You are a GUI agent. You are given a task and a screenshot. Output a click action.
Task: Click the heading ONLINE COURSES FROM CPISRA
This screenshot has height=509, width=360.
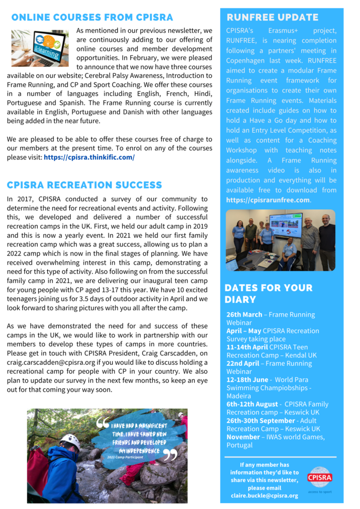coord(92,18)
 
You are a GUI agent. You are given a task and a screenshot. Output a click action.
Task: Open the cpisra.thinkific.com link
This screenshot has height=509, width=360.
coord(89,157)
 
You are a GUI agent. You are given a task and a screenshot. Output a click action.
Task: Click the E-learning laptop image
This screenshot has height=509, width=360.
coord(40,48)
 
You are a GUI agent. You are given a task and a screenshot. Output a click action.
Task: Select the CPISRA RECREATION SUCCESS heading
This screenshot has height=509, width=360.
coord(85,185)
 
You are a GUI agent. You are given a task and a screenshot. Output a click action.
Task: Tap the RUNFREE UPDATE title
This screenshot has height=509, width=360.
coord(272,18)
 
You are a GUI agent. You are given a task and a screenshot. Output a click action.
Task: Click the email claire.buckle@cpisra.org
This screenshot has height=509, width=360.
coord(265,496)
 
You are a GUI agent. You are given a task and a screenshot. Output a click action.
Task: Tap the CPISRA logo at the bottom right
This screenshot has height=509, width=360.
coord(320,478)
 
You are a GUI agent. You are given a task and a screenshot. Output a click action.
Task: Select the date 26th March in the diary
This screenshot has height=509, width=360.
coord(244,315)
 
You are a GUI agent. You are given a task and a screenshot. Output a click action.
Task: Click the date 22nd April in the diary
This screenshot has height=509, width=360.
coord(243,363)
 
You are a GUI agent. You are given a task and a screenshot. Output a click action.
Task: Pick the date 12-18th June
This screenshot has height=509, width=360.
coord(247,380)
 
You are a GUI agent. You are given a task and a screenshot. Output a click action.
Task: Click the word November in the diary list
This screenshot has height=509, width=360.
coord(244,437)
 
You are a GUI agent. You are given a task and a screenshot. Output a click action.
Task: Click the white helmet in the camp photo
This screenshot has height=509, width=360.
coord(70,440)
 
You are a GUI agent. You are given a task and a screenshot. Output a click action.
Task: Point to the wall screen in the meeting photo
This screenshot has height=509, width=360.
coord(286,225)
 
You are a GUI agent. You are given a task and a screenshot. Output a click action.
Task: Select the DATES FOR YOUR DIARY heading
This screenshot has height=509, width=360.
coord(269,294)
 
